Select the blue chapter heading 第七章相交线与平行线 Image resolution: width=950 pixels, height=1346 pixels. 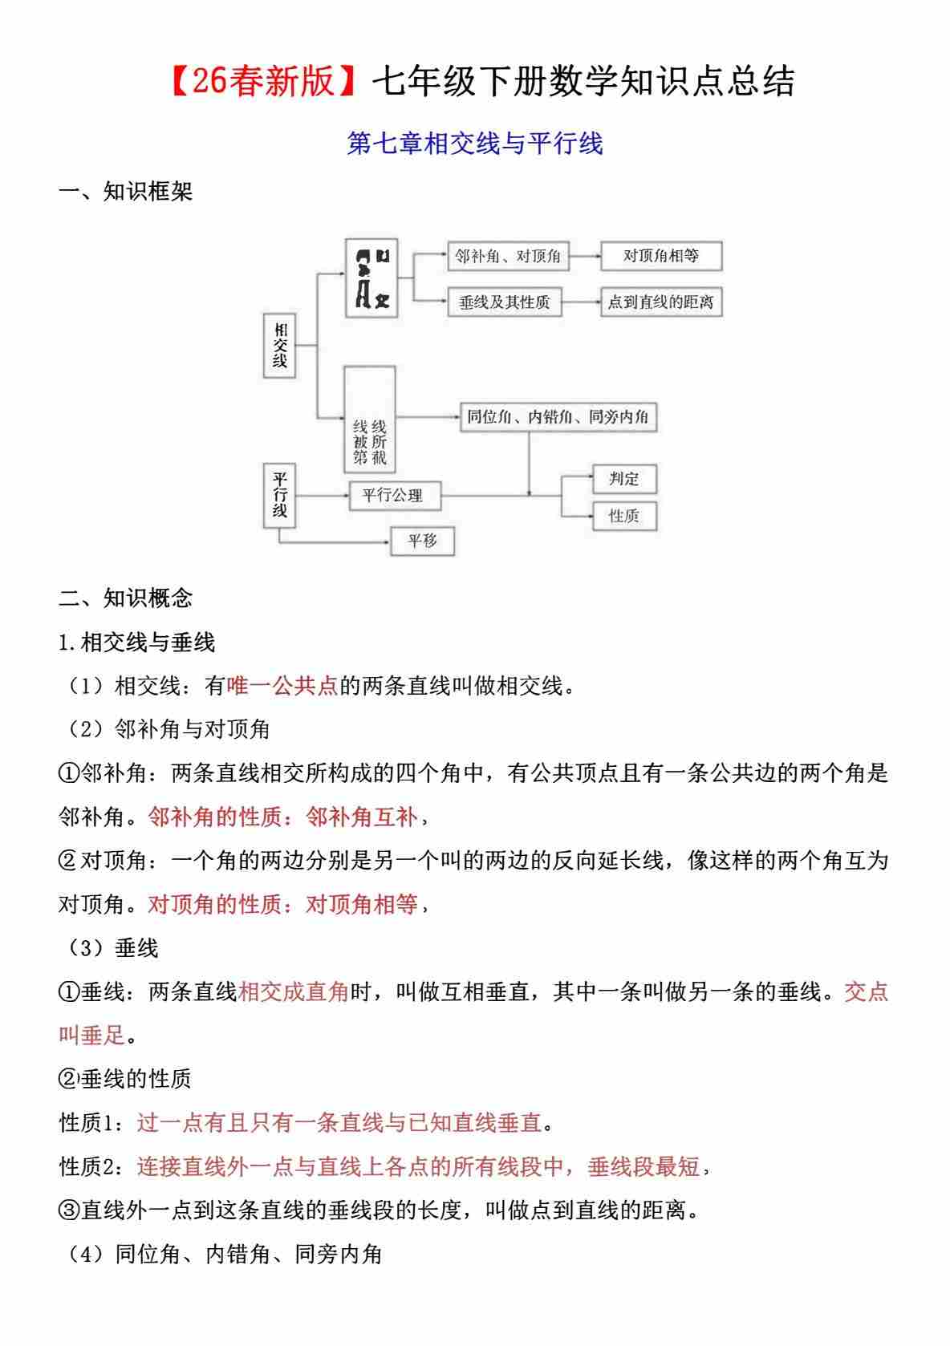(x=474, y=144)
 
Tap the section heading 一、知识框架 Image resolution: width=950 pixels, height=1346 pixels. (x=126, y=192)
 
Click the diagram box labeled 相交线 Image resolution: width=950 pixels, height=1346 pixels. (x=279, y=345)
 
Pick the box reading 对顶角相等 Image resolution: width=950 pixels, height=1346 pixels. (x=660, y=256)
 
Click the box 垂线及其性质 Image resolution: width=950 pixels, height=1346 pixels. (x=504, y=302)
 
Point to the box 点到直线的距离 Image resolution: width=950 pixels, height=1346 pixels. (x=660, y=302)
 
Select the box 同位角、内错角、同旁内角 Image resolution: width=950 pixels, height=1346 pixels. (x=558, y=417)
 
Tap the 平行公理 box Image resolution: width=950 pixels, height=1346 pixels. (x=395, y=495)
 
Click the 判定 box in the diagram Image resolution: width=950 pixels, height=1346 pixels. (x=623, y=479)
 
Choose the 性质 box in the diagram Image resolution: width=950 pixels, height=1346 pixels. (x=623, y=516)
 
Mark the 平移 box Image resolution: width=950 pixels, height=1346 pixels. (x=422, y=541)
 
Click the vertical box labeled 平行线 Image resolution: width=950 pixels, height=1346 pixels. (x=279, y=495)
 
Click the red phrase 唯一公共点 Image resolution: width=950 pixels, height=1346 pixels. (x=282, y=686)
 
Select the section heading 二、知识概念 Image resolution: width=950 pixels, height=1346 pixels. (x=126, y=598)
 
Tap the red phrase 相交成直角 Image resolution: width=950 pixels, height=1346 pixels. (x=294, y=992)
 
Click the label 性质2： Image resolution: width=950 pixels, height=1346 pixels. (x=92, y=1166)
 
